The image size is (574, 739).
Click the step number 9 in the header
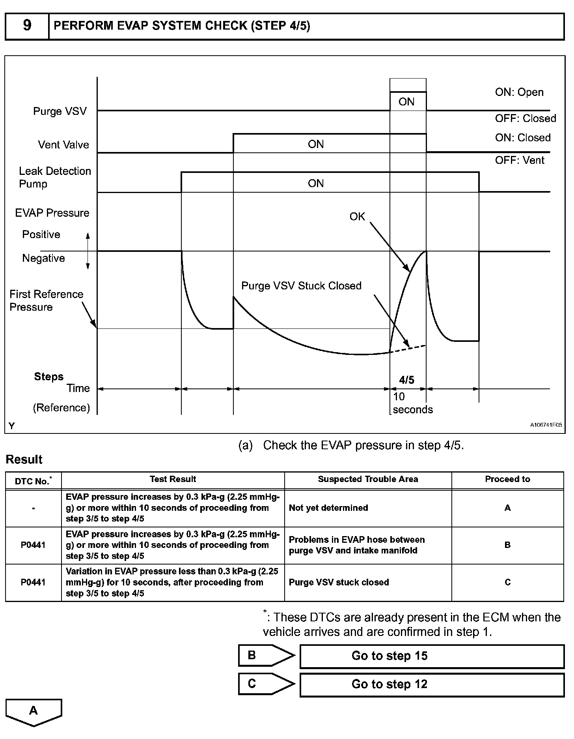[x=27, y=26]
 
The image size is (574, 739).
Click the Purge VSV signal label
[x=60, y=111]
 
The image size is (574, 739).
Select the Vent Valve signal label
[x=63, y=144]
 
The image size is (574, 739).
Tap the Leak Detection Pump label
[x=55, y=177]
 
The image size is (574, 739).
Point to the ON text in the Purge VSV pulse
[x=406, y=102]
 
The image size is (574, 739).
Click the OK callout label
[x=357, y=216]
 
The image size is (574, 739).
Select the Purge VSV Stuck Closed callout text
[x=301, y=285]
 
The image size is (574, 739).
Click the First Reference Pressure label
[x=46, y=300]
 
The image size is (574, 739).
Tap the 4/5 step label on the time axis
[x=407, y=380]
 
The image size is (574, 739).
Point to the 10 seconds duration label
[x=412, y=403]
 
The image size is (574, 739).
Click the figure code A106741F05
[x=546, y=425]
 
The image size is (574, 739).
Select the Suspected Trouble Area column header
[x=368, y=479]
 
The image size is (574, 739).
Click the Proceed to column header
[x=507, y=479]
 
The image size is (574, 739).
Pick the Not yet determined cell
[x=328, y=508]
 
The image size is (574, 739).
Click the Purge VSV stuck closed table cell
[x=339, y=582]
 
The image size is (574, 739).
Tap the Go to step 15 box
[x=432, y=656]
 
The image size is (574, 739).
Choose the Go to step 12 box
[x=432, y=684]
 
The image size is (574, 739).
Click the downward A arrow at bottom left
[x=34, y=712]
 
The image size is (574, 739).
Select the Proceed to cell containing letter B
[x=507, y=545]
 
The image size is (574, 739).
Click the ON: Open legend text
[x=519, y=92]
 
